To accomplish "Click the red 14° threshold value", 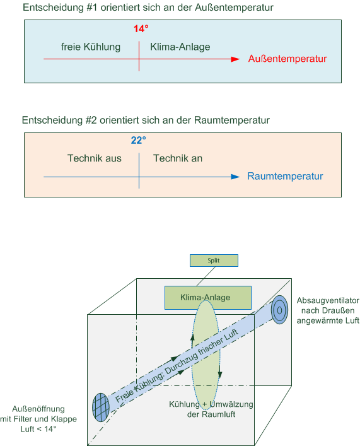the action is pyautogui.click(x=141, y=29).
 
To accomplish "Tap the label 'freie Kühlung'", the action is pyautogui.click(x=91, y=47).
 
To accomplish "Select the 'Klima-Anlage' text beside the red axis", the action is pyautogui.click(x=180, y=47).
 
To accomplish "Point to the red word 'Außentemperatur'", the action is pyautogui.click(x=287, y=59).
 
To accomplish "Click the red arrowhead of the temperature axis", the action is pyautogui.click(x=235, y=59).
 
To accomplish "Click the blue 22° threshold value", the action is pyautogui.click(x=139, y=140).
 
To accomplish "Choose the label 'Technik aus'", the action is pyautogui.click(x=95, y=158).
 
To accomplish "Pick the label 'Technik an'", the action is pyautogui.click(x=178, y=158).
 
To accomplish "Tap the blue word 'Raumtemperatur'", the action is pyautogui.click(x=285, y=176).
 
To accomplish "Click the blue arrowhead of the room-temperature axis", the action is pyautogui.click(x=235, y=177).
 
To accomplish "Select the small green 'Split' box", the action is pyautogui.click(x=214, y=261).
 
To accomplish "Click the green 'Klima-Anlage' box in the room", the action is pyautogui.click(x=208, y=298).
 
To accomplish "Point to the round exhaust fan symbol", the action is pyautogui.click(x=279, y=310).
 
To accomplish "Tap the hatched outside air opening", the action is pyautogui.click(x=101, y=408).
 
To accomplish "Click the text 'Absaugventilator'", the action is pyautogui.click(x=328, y=301).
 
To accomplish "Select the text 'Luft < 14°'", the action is pyautogui.click(x=38, y=429).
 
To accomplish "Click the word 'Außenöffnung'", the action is pyautogui.click(x=38, y=409).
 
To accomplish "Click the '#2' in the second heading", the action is pyautogui.click(x=91, y=120).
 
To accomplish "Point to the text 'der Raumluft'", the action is pyautogui.click(x=211, y=414).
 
